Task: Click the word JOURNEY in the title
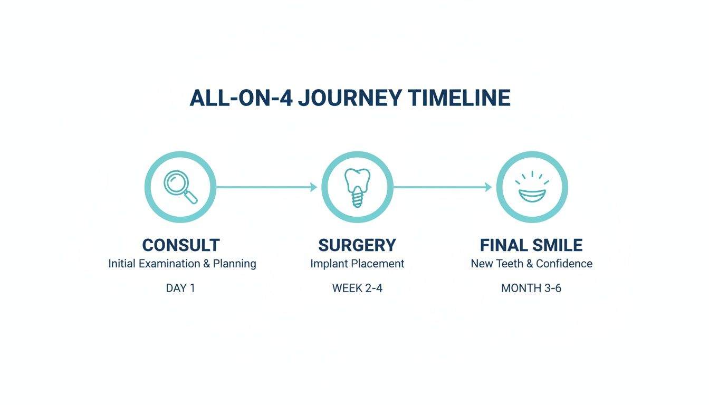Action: pyautogui.click(x=350, y=99)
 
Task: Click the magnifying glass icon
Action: pyautogui.click(x=180, y=187)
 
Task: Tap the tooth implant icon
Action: pyautogui.click(x=357, y=187)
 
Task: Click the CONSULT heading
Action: pyautogui.click(x=181, y=245)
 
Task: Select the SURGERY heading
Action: pyautogui.click(x=357, y=245)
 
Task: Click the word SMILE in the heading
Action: pyautogui.click(x=558, y=245)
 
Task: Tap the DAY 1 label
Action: pyautogui.click(x=180, y=288)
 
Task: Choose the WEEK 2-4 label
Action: pyautogui.click(x=357, y=288)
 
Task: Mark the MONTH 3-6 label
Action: pyautogui.click(x=531, y=288)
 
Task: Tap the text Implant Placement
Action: pyautogui.click(x=357, y=264)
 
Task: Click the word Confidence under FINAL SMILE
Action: pyautogui.click(x=564, y=264)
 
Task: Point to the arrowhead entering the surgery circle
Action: pyautogui.click(x=313, y=187)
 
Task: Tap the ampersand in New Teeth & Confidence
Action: pyautogui.click(x=528, y=264)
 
